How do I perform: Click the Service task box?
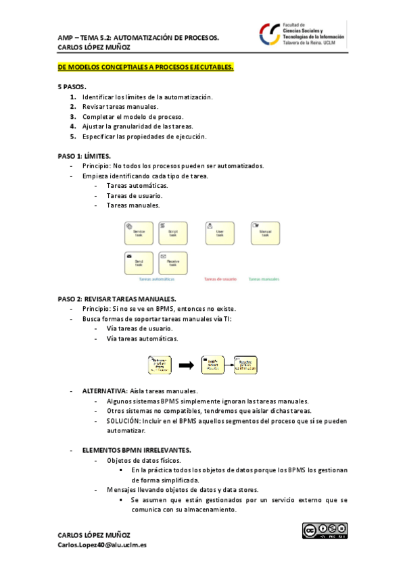coord(139,232)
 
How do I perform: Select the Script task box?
coord(173,232)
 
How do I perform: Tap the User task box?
coord(219,232)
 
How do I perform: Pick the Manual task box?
coord(264,232)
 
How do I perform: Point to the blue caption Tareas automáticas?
coord(156,279)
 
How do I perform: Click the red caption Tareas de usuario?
coord(220,279)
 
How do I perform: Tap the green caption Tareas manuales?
coord(264,279)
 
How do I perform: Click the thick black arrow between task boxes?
coord(188,365)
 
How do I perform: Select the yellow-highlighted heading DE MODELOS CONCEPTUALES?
coord(145,67)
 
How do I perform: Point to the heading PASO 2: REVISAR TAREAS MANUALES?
coord(117,299)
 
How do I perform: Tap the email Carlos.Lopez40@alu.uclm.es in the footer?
coord(102,545)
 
